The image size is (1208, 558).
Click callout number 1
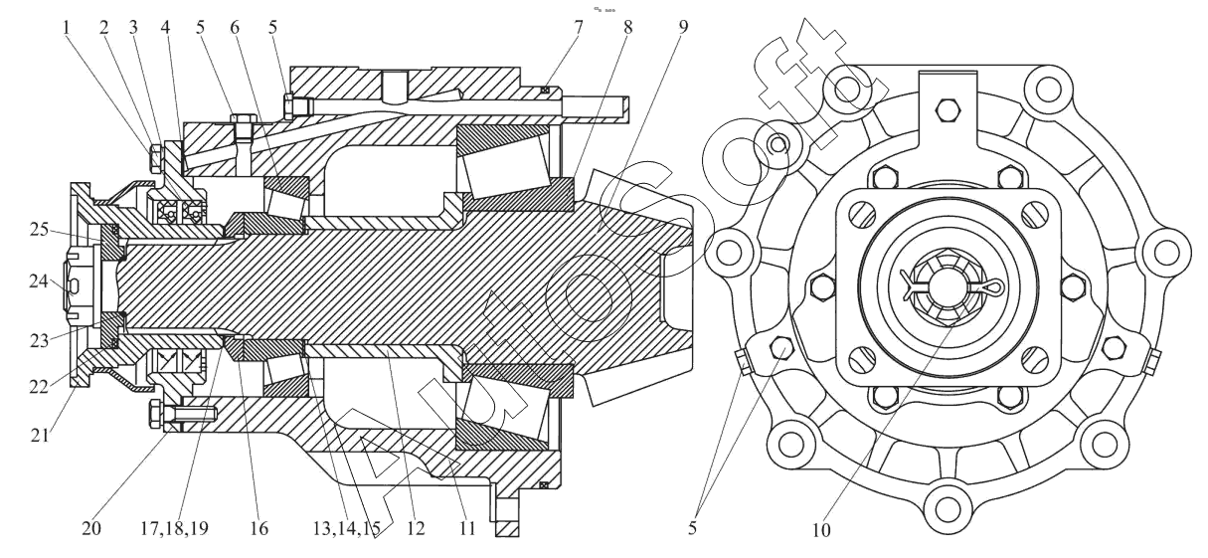point(67,27)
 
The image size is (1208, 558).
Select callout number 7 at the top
point(579,27)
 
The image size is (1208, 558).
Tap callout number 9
point(683,27)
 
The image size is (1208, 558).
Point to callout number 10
point(821,531)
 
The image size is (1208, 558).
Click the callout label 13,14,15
point(347,529)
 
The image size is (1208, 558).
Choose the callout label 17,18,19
point(174,529)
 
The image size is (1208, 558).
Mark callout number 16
point(259,529)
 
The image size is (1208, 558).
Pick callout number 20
point(91,529)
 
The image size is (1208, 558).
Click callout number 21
point(40,435)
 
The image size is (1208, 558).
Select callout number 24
point(39,281)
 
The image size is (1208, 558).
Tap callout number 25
point(39,230)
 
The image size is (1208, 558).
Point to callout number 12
point(416,529)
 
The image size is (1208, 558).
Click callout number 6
point(235,27)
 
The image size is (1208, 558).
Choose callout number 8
point(627,27)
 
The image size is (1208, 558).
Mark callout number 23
point(40,341)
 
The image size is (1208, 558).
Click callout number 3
point(133,27)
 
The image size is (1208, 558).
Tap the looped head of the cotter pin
point(994,286)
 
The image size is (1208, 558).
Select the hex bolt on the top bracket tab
point(948,110)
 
